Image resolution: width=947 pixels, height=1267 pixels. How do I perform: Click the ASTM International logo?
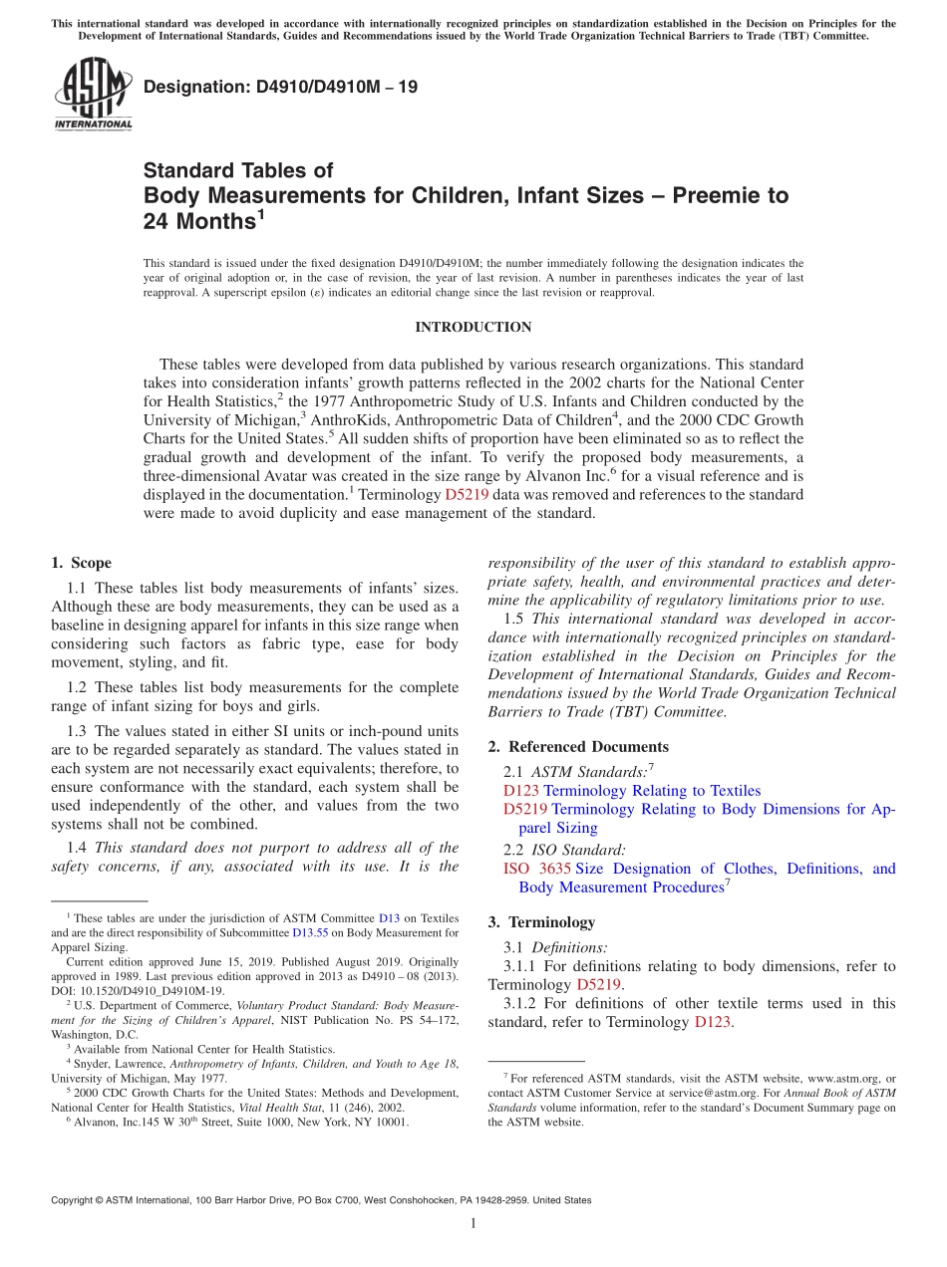[92, 94]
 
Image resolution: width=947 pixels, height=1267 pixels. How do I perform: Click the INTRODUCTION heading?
[473, 328]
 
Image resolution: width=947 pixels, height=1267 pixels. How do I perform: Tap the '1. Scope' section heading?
[81, 563]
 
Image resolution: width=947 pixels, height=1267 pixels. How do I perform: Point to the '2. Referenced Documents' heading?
[578, 747]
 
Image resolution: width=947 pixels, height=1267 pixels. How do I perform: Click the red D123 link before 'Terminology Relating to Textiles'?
[521, 791]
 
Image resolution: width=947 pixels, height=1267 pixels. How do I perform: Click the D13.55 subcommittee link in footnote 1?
[309, 933]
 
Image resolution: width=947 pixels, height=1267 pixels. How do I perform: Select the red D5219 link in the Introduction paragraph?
[467, 494]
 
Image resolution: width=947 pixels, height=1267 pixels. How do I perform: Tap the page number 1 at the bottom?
[473, 1223]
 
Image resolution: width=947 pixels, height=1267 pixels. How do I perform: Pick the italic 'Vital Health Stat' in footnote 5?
[269, 1107]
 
